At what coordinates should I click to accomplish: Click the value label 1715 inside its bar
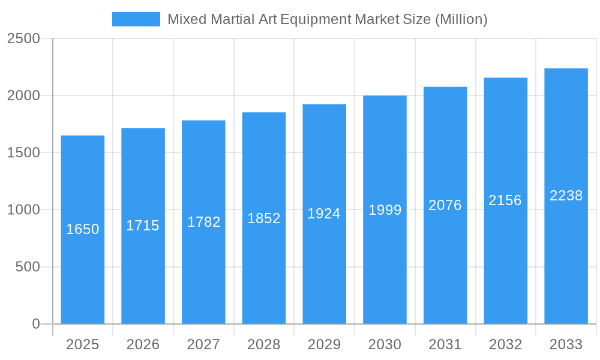(143, 226)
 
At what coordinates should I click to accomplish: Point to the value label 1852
(264, 218)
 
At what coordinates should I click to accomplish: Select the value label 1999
(385, 210)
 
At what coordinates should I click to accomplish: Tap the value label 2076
(445, 205)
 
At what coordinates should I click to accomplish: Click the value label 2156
(505, 200)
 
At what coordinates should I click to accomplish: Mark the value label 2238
(566, 196)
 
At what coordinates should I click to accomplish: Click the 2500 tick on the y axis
(23, 39)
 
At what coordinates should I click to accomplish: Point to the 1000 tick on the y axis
(23, 210)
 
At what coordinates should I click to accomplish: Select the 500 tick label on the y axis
(27, 267)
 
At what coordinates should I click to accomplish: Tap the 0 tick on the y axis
(35, 324)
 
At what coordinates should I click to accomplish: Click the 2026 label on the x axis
(143, 344)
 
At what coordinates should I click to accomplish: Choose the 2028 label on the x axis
(264, 344)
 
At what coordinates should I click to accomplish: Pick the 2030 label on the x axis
(385, 344)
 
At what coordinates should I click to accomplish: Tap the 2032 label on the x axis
(505, 344)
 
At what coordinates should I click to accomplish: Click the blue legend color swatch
(136, 19)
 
